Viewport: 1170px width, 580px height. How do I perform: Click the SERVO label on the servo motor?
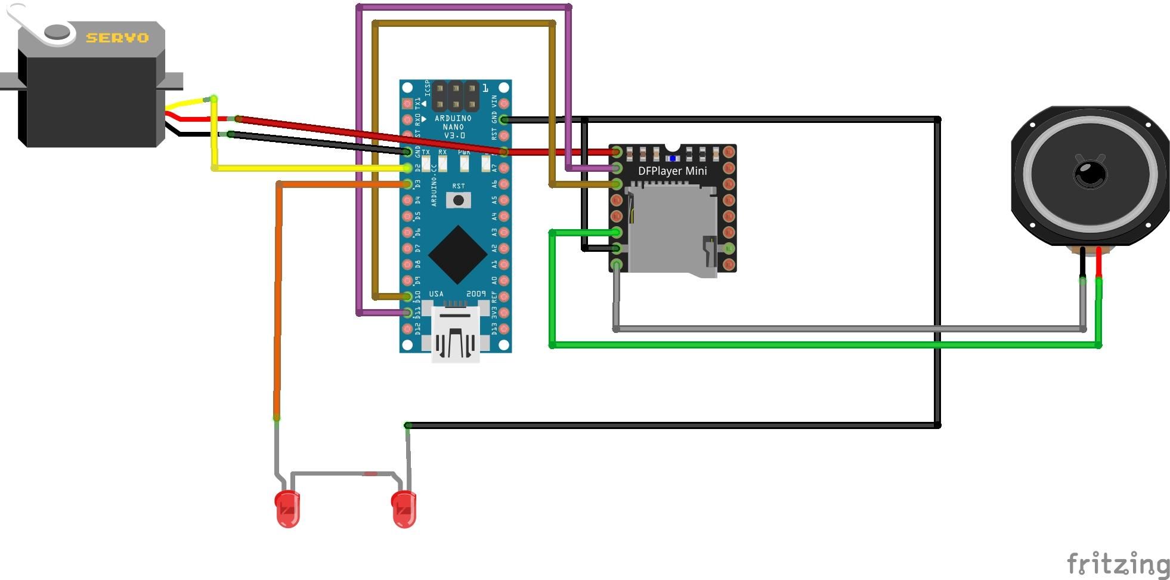(117, 38)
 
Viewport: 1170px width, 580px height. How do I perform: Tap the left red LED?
(288, 509)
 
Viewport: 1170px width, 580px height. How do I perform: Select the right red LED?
(404, 509)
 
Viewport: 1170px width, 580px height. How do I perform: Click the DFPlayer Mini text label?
(672, 171)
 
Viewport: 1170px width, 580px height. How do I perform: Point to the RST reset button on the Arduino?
(458, 200)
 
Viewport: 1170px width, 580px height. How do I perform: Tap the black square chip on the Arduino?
(457, 254)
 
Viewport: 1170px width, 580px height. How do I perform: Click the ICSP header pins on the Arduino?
(455, 96)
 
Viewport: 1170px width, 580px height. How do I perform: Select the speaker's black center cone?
(1090, 174)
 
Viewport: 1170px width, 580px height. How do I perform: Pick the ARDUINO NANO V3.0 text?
(453, 127)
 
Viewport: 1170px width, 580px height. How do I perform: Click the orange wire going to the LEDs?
(278, 298)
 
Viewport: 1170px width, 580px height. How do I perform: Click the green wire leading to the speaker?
(823, 345)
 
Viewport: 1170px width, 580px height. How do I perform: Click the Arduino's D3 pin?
(408, 184)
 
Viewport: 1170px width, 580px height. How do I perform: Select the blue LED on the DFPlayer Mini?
(673, 158)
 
